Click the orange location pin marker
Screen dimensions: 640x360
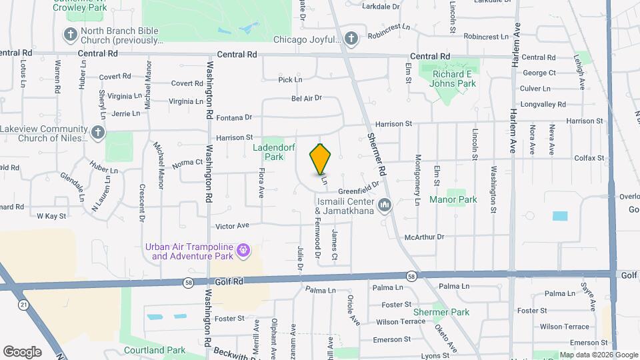click(321, 159)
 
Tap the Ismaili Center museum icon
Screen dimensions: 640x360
click(384, 205)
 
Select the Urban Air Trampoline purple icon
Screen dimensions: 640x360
click(244, 250)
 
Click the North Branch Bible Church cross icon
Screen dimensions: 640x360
click(70, 34)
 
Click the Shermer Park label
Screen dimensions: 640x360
click(441, 312)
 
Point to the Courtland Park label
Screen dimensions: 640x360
click(155, 350)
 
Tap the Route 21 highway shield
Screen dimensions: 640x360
click(23, 304)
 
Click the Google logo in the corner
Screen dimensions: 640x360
click(22, 352)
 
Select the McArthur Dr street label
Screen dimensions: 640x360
click(424, 237)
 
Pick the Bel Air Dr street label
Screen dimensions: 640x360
click(307, 97)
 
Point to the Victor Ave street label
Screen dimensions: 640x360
click(233, 225)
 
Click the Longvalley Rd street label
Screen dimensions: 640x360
click(543, 104)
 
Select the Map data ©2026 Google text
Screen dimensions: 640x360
click(598, 355)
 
